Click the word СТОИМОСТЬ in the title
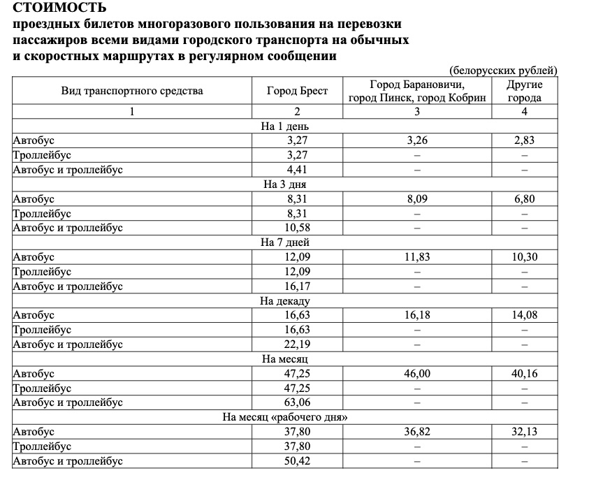pyautogui.click(x=60, y=8)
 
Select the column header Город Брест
pyautogui.click(x=297, y=91)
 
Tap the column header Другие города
pyautogui.click(x=524, y=91)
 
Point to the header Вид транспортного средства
pyautogui.click(x=132, y=91)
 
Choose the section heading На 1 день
pyautogui.click(x=285, y=126)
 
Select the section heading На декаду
pyautogui.click(x=285, y=301)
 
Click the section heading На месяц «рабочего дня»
pyautogui.click(x=285, y=417)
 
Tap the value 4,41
pyautogui.click(x=297, y=169)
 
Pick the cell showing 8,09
pyautogui.click(x=417, y=199)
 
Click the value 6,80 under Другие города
pyautogui.click(x=524, y=199)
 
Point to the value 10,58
pyautogui.click(x=297, y=228)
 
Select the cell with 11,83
pyautogui.click(x=417, y=257)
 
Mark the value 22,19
pyautogui.click(x=297, y=344)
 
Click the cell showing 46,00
pyautogui.click(x=417, y=374)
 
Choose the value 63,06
pyautogui.click(x=297, y=402)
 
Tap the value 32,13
pyautogui.click(x=524, y=432)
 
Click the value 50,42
pyautogui.click(x=297, y=461)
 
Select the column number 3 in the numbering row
pyautogui.click(x=417, y=112)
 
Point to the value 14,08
pyautogui.click(x=524, y=315)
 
